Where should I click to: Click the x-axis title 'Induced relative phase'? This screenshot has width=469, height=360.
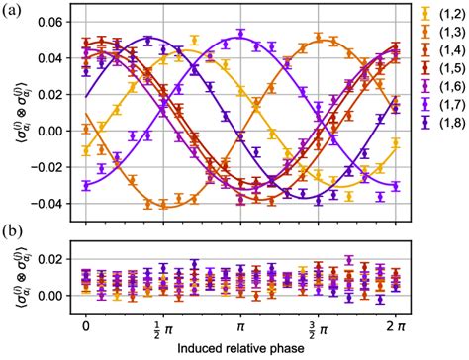click(x=240, y=349)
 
